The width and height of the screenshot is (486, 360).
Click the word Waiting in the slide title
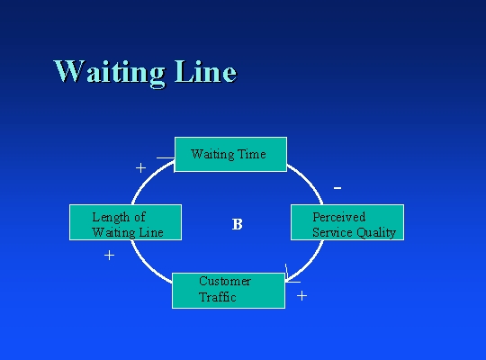click(110, 72)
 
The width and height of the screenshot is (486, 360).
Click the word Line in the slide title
click(205, 71)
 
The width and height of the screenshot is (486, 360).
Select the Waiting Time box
click(230, 154)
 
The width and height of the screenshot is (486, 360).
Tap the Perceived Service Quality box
click(347, 222)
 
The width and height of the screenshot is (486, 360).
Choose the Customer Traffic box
click(229, 291)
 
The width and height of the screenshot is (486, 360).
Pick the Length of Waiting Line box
click(125, 222)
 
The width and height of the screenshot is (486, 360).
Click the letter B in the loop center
click(237, 224)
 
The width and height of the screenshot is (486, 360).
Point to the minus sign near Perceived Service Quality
click(337, 188)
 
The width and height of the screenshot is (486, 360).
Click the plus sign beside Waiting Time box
click(140, 167)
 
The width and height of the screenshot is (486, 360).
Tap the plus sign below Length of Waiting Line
click(109, 256)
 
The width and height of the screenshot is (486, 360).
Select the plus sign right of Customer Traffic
click(301, 296)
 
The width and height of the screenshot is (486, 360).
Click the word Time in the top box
click(251, 154)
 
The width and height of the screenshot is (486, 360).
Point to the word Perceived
click(338, 217)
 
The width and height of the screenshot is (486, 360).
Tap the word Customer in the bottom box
click(225, 281)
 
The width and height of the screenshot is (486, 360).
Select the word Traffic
click(218, 297)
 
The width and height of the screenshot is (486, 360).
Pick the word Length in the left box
click(111, 218)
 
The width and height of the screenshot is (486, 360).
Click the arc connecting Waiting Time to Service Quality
click(309, 181)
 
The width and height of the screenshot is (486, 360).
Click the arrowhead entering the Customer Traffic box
click(288, 278)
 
